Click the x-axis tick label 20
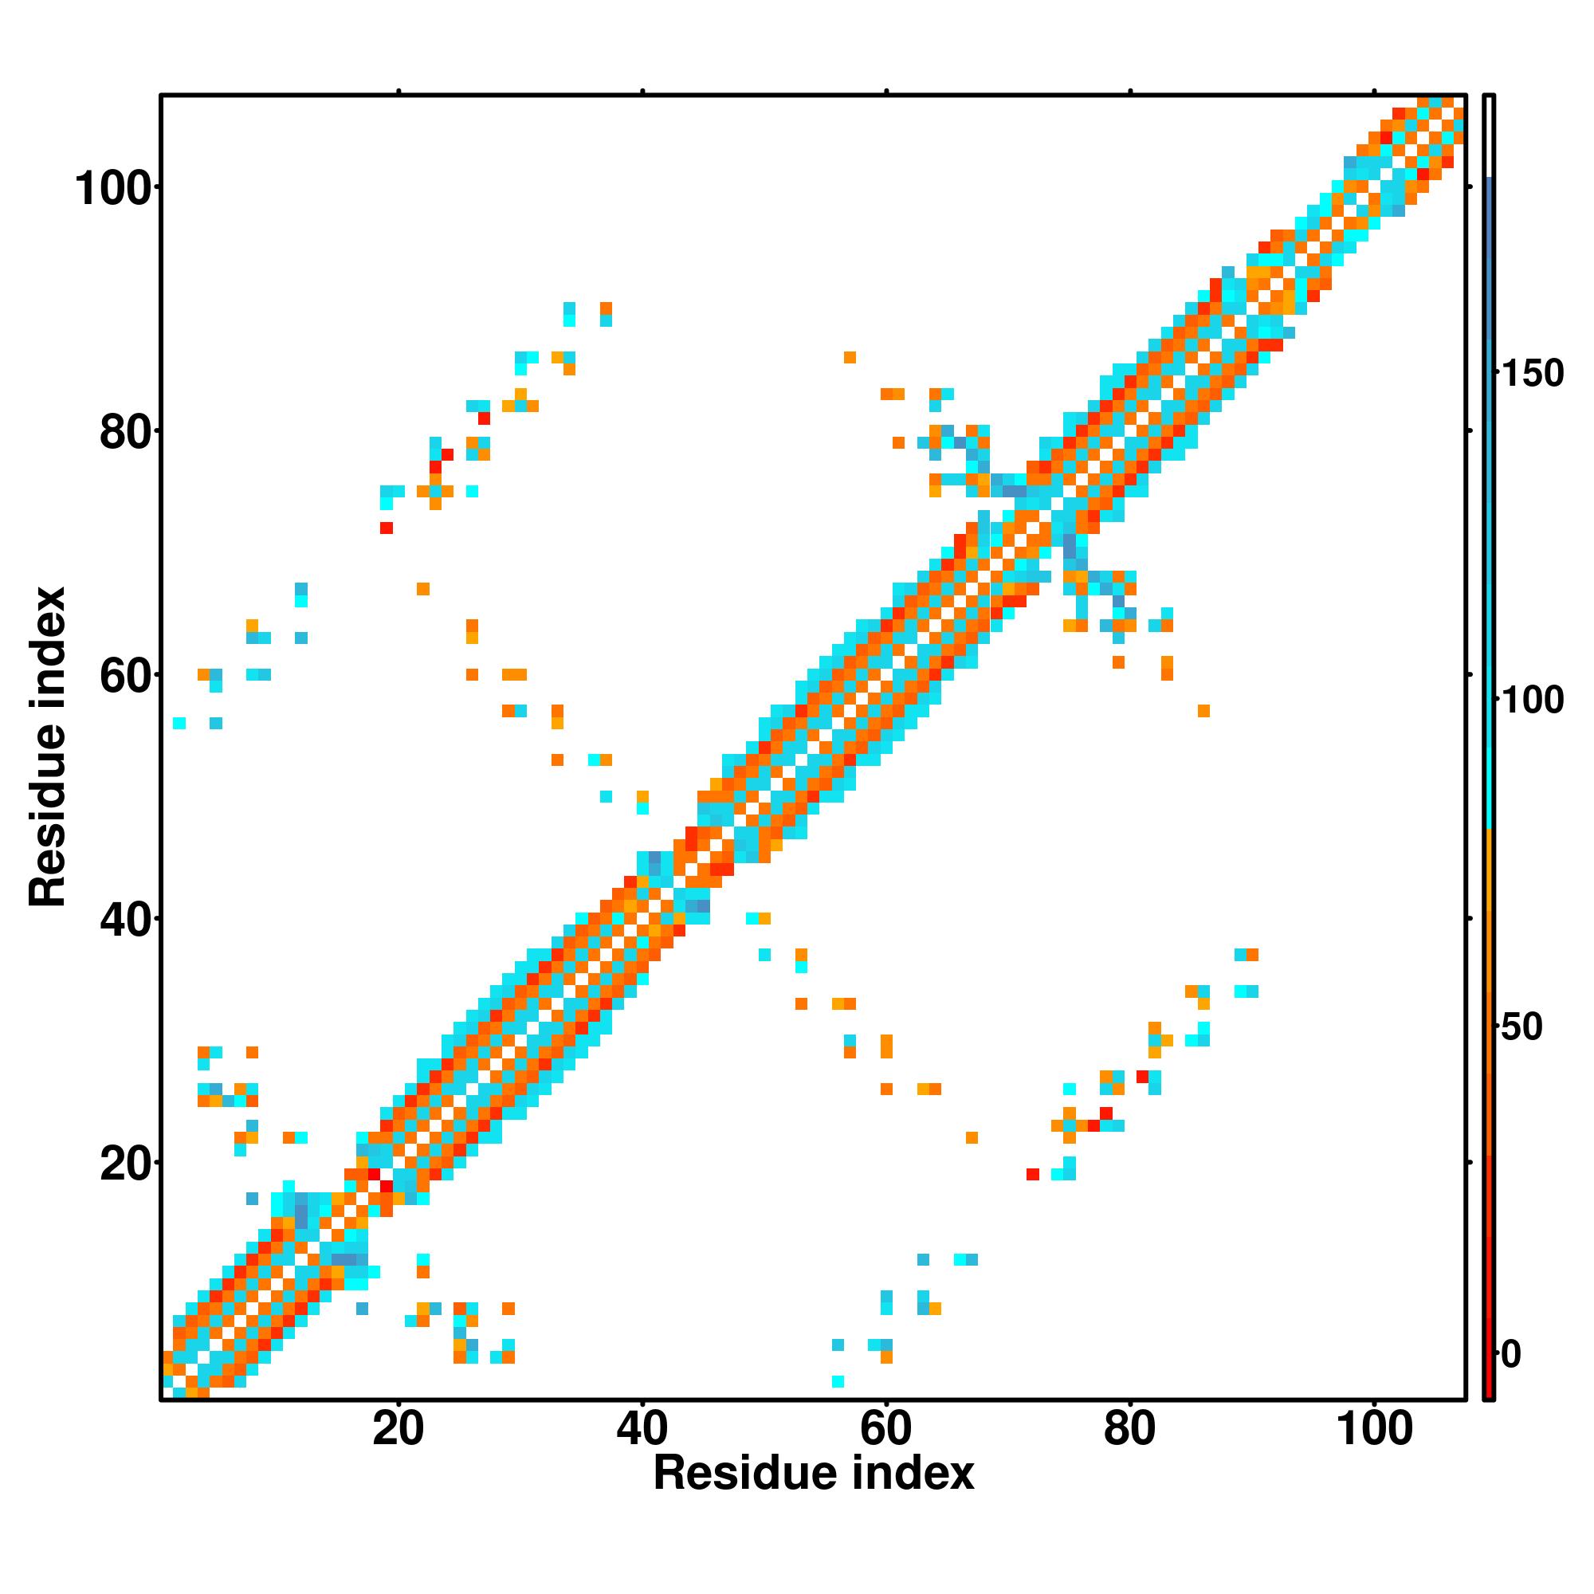(x=398, y=1428)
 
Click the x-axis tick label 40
(x=642, y=1428)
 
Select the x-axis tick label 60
(x=885, y=1428)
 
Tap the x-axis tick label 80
(x=1129, y=1428)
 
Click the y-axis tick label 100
(x=116, y=189)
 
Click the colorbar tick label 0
(x=1510, y=1354)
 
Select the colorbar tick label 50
(x=1521, y=1028)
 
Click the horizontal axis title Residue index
(x=814, y=1474)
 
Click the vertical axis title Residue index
(x=48, y=747)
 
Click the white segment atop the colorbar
(x=1490, y=136)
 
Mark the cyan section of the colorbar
(x=1490, y=743)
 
